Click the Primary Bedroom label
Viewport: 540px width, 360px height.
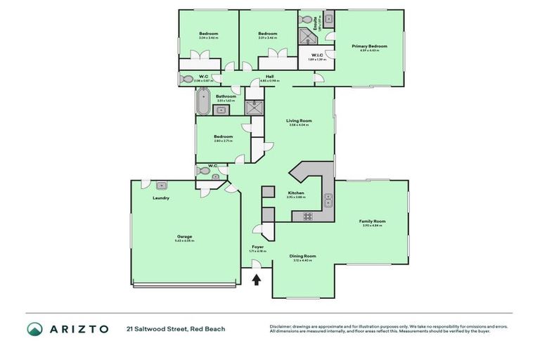[369, 46]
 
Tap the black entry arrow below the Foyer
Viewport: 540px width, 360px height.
[257, 280]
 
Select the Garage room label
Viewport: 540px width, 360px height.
[184, 236]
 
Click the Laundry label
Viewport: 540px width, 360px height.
[161, 198]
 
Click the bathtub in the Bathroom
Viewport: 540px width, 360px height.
[202, 101]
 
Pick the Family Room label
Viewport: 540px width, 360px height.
[373, 221]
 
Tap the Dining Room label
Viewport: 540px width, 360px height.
[303, 256]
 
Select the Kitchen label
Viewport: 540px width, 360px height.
[295, 193]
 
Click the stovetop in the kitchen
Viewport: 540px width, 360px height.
[307, 217]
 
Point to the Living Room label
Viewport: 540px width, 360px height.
[299, 121]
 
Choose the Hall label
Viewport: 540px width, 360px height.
[269, 77]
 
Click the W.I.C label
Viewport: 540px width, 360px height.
[316, 55]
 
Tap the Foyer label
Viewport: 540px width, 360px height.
[257, 247]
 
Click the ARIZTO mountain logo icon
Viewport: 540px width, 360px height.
[34, 329]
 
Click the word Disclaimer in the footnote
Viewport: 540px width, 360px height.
[281, 326]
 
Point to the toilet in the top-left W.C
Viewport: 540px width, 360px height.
[188, 79]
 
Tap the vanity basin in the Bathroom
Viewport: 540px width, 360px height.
[217, 109]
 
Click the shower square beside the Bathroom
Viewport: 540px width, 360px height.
[253, 107]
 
